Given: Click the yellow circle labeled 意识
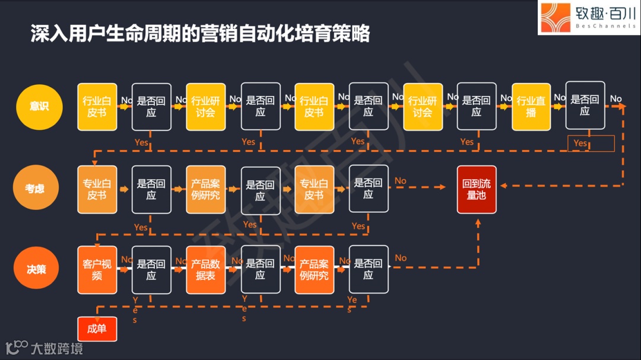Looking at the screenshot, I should click(39, 107).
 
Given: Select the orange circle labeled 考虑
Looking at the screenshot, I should click(35, 189).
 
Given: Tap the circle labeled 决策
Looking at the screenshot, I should click(36, 269).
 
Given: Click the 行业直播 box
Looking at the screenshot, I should click(531, 107).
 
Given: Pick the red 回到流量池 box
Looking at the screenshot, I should click(476, 189).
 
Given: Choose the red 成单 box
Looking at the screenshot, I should click(97, 329).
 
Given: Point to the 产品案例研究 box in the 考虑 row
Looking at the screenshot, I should click(205, 189).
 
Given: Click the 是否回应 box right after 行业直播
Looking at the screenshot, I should click(585, 106).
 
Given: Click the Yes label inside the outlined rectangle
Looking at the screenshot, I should click(580, 144).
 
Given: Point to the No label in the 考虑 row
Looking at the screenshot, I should click(401, 181).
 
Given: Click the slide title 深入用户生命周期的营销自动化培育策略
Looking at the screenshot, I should click(201, 34).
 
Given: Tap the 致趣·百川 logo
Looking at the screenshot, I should click(588, 18).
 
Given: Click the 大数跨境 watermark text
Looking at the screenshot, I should click(57, 348).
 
